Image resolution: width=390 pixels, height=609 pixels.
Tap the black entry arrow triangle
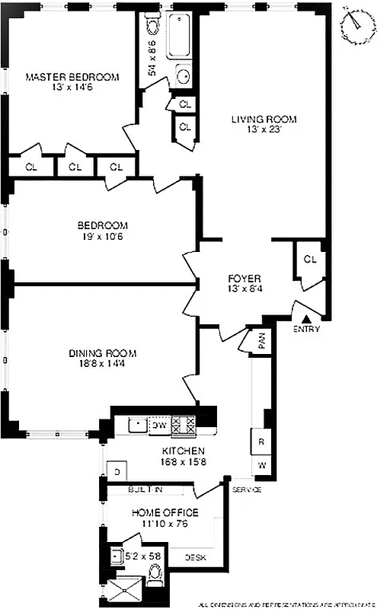[305, 319]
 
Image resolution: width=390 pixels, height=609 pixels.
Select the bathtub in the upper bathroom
[181, 36]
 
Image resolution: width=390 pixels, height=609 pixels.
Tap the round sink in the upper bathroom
[184, 75]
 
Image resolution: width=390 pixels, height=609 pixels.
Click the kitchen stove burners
[184, 425]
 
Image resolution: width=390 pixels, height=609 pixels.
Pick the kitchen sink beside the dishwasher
[136, 425]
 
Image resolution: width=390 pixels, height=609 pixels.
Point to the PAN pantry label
[261, 342]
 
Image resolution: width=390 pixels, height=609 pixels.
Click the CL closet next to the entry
[309, 260]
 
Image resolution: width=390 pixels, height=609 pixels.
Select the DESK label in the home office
[195, 557]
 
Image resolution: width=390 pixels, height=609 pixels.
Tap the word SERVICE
[247, 489]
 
